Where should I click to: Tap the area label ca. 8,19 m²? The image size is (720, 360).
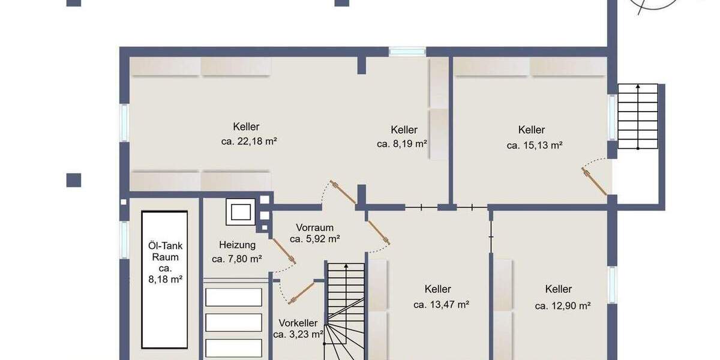(x=402, y=144)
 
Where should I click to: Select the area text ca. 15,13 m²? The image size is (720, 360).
(x=534, y=145)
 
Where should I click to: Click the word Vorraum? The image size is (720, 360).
(x=314, y=227)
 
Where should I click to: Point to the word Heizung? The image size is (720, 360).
(x=237, y=245)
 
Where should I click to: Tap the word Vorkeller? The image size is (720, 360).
(x=298, y=323)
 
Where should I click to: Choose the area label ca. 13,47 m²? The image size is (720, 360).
(x=441, y=305)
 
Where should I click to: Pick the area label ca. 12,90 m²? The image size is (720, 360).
(x=563, y=305)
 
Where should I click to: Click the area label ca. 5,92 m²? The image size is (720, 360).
(x=315, y=239)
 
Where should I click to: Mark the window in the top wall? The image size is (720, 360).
(x=407, y=52)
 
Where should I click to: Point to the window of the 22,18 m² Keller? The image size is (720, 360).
(x=124, y=123)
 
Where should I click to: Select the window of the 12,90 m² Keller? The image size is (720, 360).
(x=612, y=284)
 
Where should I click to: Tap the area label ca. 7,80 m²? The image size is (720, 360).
(x=237, y=259)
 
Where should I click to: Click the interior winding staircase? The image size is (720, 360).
(x=345, y=312)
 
